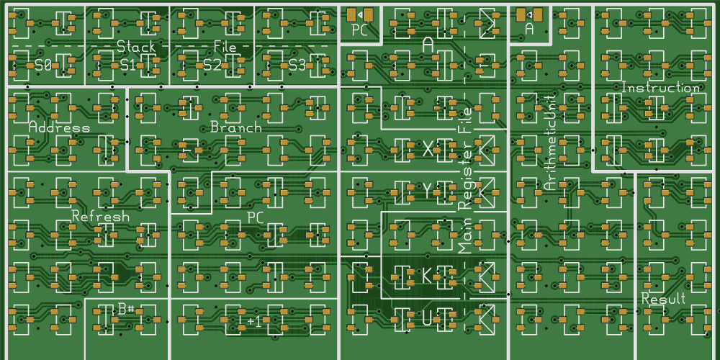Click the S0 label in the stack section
coord(42,65)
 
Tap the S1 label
coord(127,65)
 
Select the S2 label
coord(212,65)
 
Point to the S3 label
coord(297,65)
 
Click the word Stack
coord(136,47)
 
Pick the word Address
coord(59,127)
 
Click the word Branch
coord(235,127)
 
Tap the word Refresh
coord(101,216)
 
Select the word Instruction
coord(660,88)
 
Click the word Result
coord(663,299)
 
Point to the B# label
coord(127,309)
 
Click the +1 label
coord(254,320)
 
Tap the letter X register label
coord(428,149)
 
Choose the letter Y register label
coord(428,191)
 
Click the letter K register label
coord(428,276)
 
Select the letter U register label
coord(428,318)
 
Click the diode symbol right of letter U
coord(487,317)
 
